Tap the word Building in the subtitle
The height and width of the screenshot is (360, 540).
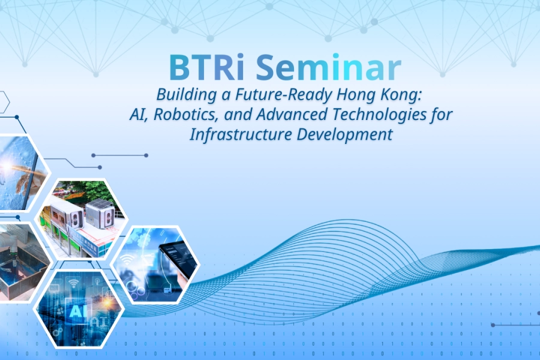181,94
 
